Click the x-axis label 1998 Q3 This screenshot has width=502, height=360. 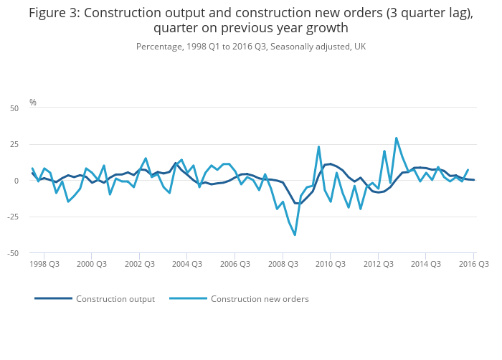pos(44,264)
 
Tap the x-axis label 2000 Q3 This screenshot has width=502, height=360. pos(92,264)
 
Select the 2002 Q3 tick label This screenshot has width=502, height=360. pos(139,264)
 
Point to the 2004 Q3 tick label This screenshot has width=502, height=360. pos(187,264)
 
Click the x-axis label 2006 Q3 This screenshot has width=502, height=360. pos(235,264)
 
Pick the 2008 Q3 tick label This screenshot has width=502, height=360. pos(283,264)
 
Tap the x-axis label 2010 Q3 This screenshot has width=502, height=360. pos(331,264)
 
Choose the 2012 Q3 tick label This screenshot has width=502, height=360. pos(378,264)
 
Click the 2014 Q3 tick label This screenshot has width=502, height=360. pos(426,264)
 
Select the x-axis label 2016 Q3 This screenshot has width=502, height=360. pos(474,264)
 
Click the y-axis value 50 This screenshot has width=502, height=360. pos(14,108)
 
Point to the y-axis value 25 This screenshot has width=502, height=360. pos(14,145)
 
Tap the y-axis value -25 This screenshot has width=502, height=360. pos(13,217)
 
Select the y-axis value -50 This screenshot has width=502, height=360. pos(13,253)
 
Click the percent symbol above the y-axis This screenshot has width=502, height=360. pos(33,103)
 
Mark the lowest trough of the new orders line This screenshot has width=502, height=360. pos(295,235)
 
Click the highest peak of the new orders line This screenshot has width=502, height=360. pos(396,138)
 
